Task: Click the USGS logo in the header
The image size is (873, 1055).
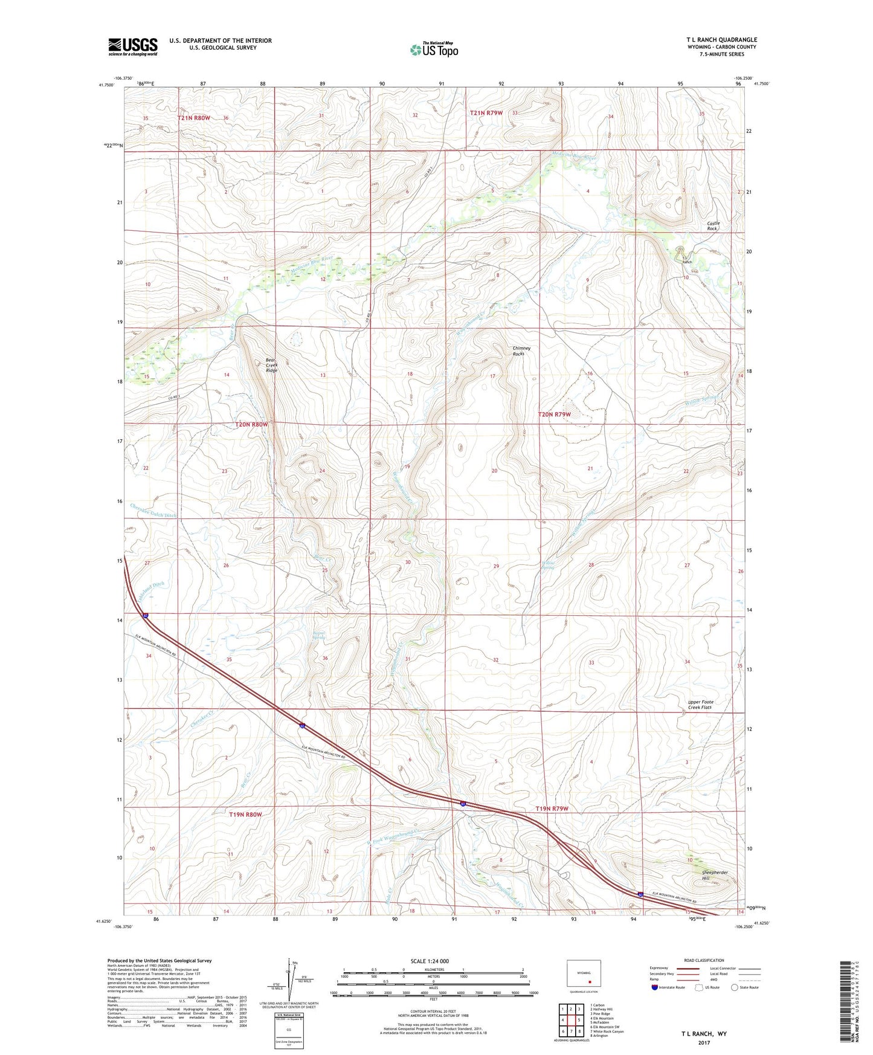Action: click(132, 47)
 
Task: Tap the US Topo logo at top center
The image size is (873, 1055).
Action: click(434, 49)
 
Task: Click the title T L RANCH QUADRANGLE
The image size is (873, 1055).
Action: click(721, 40)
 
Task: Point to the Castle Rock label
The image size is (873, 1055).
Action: click(714, 226)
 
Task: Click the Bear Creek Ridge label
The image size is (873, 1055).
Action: click(272, 365)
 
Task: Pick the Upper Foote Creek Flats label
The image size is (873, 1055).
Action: click(700, 705)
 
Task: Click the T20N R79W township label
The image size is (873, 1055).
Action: click(554, 415)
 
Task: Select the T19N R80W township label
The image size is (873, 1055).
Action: click(245, 815)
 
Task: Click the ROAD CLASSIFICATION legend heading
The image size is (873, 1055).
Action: click(704, 960)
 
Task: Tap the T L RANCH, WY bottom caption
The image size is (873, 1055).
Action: click(704, 1034)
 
